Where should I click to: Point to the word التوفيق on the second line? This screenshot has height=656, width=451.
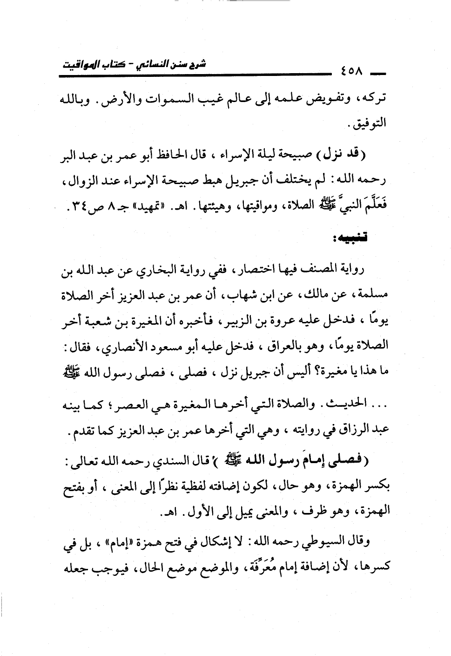point(370,125)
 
